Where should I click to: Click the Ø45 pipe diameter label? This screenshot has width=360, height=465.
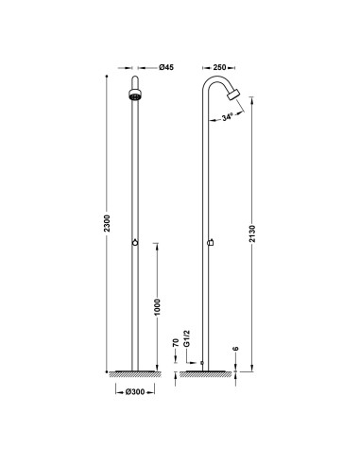pos(163,68)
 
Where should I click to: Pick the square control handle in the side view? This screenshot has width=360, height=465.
pos(208,243)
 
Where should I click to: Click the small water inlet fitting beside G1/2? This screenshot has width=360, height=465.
pos(202,359)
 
